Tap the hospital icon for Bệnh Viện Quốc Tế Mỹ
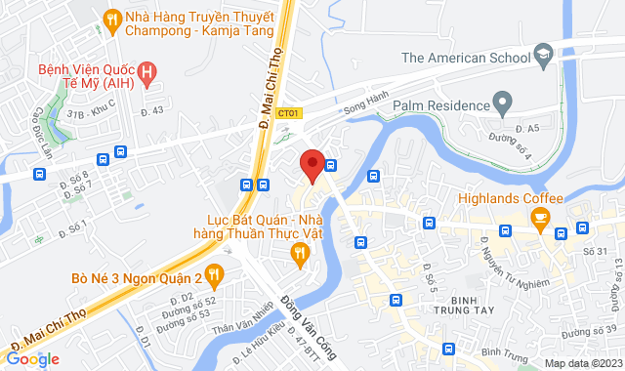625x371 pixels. [x=147, y=70]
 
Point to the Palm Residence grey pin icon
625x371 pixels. [x=503, y=102]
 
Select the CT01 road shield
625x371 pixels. [x=288, y=113]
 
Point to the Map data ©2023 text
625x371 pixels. [x=582, y=363]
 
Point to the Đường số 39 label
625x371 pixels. [x=597, y=329]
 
